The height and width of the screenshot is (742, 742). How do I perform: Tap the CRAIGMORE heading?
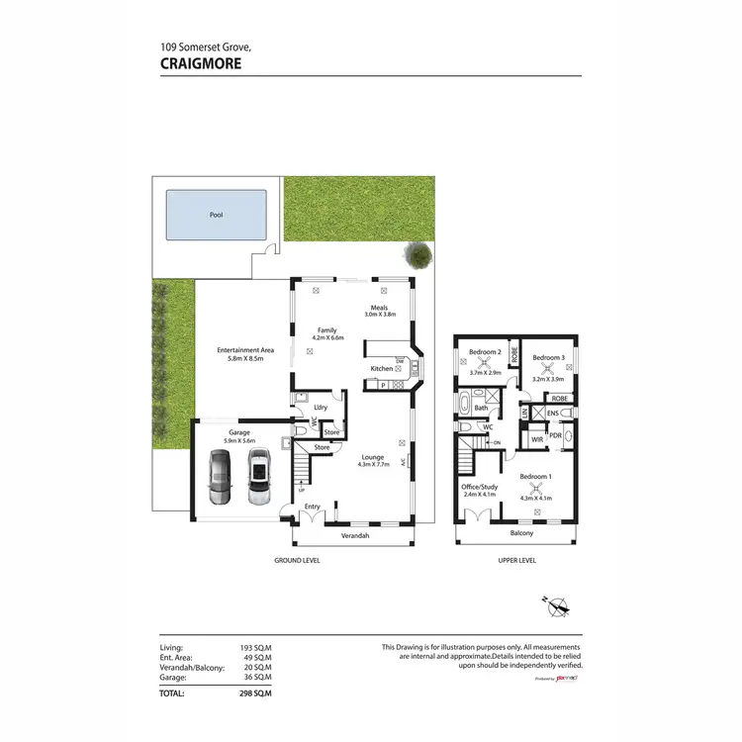(x=201, y=62)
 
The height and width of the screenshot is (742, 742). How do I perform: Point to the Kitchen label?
(x=382, y=369)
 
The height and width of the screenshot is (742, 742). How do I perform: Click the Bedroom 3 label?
(x=548, y=357)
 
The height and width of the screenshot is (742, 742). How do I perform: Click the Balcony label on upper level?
(x=521, y=533)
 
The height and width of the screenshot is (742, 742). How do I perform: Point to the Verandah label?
(x=355, y=535)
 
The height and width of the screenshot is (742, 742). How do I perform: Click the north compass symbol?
(x=558, y=605)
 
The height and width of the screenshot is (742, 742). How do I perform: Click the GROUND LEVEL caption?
(x=297, y=560)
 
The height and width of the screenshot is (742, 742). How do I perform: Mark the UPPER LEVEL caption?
(x=515, y=560)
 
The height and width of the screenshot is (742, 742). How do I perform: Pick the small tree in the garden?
(x=420, y=255)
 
